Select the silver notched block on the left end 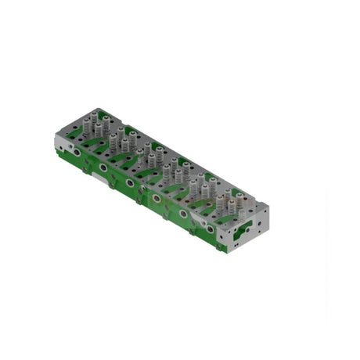pyautogui.click(x=64, y=142)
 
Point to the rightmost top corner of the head pyautogui.click(x=269, y=205)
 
